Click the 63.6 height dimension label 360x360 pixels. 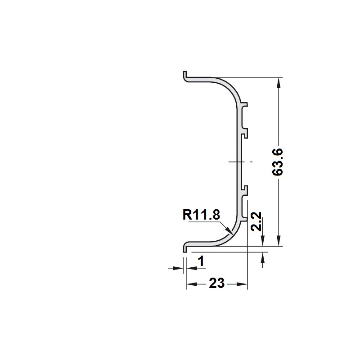click(x=277, y=162)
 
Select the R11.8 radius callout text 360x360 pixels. click(x=201, y=215)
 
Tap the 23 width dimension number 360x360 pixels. click(x=216, y=283)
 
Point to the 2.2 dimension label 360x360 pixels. click(x=256, y=221)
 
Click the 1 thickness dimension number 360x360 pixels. click(x=201, y=261)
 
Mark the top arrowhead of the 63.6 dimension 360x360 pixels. click(x=279, y=83)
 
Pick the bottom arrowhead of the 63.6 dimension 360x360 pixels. click(x=279, y=241)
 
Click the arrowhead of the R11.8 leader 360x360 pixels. click(x=229, y=230)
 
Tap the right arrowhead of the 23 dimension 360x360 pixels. click(x=242, y=284)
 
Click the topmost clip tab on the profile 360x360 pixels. click(x=244, y=105)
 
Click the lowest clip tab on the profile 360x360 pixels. click(x=244, y=219)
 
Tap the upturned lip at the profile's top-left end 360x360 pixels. click(x=185, y=75)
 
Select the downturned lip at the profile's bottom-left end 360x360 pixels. click(x=185, y=248)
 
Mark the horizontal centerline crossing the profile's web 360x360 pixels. click(x=240, y=162)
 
